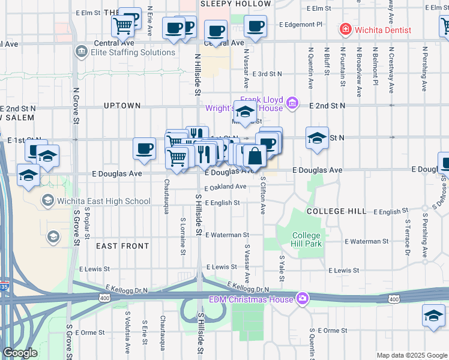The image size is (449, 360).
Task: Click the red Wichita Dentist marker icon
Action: coord(345,29)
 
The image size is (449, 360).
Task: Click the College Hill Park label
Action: coord(307,239)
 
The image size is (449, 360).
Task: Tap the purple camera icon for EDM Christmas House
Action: coord(303,298)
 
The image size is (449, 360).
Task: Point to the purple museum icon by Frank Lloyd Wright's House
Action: coord(292,104)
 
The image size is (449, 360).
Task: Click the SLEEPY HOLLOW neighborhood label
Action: coord(235,4)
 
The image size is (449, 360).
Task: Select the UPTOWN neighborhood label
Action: coord(122,106)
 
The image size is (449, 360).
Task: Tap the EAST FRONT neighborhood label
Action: coord(122,246)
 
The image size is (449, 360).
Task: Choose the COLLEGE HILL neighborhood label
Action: coord(336,211)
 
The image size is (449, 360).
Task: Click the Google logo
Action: coord(20,353)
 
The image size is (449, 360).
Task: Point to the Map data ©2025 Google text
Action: coord(412,355)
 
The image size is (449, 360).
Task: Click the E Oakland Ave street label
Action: coord(225,187)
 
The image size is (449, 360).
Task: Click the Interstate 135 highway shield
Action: coord(4,287)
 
